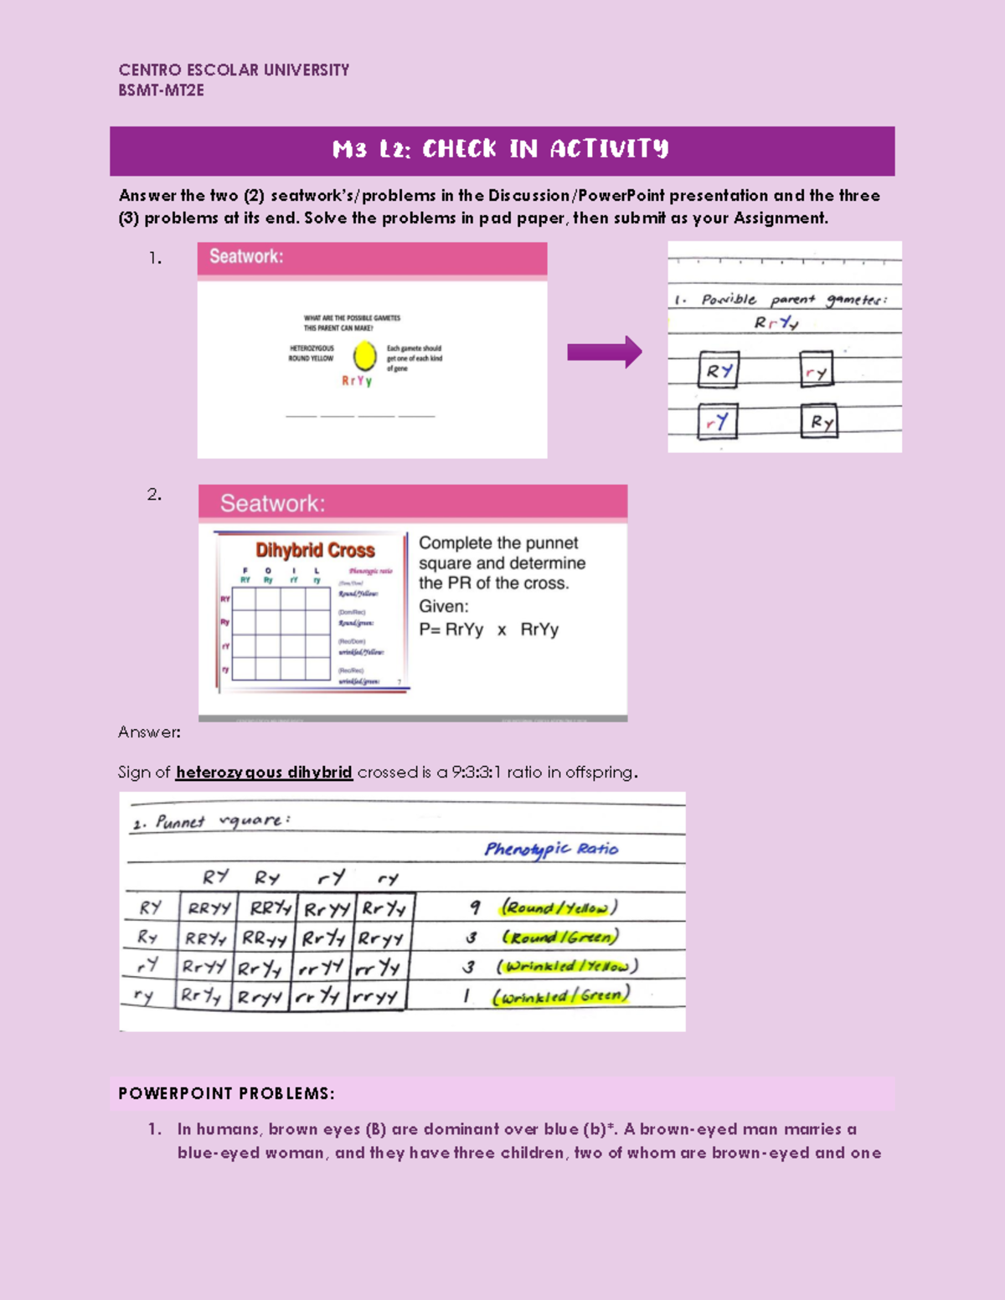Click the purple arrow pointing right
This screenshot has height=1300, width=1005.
point(604,352)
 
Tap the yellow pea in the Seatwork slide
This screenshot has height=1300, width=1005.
point(364,356)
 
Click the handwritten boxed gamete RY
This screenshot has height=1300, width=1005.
point(719,370)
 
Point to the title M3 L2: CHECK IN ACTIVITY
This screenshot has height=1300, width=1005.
point(501,150)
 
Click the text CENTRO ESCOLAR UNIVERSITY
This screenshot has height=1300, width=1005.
point(234,70)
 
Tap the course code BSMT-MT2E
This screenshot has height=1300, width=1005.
point(161,90)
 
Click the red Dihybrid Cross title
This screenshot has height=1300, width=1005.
point(315,550)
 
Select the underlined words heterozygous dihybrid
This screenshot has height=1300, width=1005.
point(264,772)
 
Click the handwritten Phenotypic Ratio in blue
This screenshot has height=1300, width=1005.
point(551,849)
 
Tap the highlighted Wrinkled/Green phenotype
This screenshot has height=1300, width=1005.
point(560,996)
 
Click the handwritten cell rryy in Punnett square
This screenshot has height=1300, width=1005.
point(375,996)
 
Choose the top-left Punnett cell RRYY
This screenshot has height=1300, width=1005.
point(209,908)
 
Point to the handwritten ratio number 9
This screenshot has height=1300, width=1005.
point(475,907)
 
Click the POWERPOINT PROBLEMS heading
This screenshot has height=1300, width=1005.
point(226,1093)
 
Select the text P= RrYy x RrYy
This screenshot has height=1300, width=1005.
point(488,629)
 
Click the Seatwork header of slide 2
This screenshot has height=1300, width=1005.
point(272,503)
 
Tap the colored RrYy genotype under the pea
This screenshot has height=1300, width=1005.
point(357,381)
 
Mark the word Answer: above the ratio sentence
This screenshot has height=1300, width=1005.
point(149,732)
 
